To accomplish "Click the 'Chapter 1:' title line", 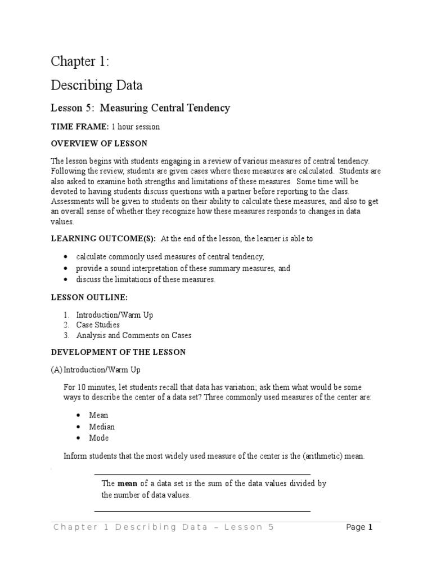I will point(80,61).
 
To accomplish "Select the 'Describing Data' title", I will point(96,86).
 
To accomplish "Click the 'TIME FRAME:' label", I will point(80,127).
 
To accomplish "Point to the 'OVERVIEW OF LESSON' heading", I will point(99,144).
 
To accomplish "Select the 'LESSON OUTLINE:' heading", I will point(89,297).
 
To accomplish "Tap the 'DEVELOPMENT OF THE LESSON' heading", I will point(118,352).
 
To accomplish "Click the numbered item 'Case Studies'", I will point(98,325).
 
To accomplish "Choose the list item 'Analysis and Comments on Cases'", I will point(134,335).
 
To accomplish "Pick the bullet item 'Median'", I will point(102,427).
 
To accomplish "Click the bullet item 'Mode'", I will point(99,438).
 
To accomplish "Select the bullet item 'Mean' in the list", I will point(99,415).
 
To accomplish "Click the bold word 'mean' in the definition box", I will point(127,484).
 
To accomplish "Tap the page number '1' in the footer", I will point(371,527).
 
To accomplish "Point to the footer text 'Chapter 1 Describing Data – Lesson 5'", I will point(163,527).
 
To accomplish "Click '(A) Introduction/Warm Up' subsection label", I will point(96,370).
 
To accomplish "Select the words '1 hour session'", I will point(136,127).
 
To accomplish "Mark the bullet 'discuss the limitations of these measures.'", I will point(146,279).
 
